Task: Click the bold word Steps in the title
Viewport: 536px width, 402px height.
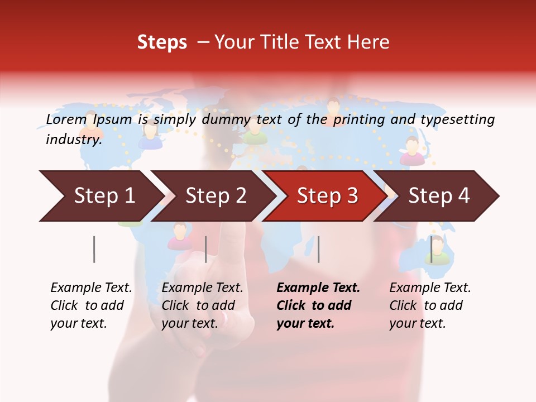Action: [x=162, y=42]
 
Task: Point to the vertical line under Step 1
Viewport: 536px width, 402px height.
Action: [x=94, y=249]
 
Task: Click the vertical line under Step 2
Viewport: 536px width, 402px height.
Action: [x=206, y=249]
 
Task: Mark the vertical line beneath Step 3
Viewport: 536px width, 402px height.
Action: [x=318, y=249]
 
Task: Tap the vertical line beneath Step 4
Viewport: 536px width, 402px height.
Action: [x=431, y=249]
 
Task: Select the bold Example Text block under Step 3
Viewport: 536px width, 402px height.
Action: [x=318, y=305]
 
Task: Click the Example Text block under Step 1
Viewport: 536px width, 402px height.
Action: [x=91, y=305]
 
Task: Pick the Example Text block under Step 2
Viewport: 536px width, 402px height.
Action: [x=202, y=305]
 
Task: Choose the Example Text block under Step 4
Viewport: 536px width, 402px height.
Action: [x=430, y=305]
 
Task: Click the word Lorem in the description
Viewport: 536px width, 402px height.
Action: [x=66, y=119]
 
